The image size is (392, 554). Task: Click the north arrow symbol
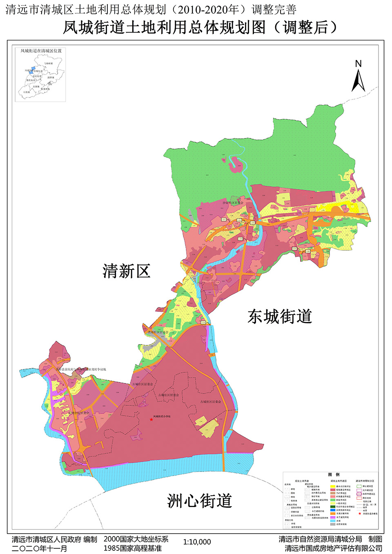(358, 80)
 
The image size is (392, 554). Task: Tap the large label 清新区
(126, 271)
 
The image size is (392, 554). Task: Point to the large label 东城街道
(280, 316)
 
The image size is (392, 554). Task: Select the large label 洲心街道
(199, 501)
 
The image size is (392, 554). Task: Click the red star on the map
(151, 419)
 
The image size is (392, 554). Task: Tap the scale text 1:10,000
(197, 542)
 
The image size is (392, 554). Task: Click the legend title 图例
(334, 474)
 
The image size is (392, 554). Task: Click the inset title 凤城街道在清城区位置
(41, 51)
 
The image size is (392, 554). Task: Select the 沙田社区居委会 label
(233, 203)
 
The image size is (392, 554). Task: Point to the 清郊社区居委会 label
(158, 332)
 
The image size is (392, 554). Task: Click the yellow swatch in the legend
(333, 487)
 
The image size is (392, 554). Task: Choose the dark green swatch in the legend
(333, 507)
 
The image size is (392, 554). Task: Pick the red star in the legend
(359, 514)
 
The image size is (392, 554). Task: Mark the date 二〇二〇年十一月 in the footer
(39, 549)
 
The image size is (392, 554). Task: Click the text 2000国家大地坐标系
(136, 539)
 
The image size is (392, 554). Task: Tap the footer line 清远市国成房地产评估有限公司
(333, 548)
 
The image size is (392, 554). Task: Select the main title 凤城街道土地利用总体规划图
(164, 28)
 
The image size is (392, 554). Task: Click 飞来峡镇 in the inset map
(48, 64)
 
